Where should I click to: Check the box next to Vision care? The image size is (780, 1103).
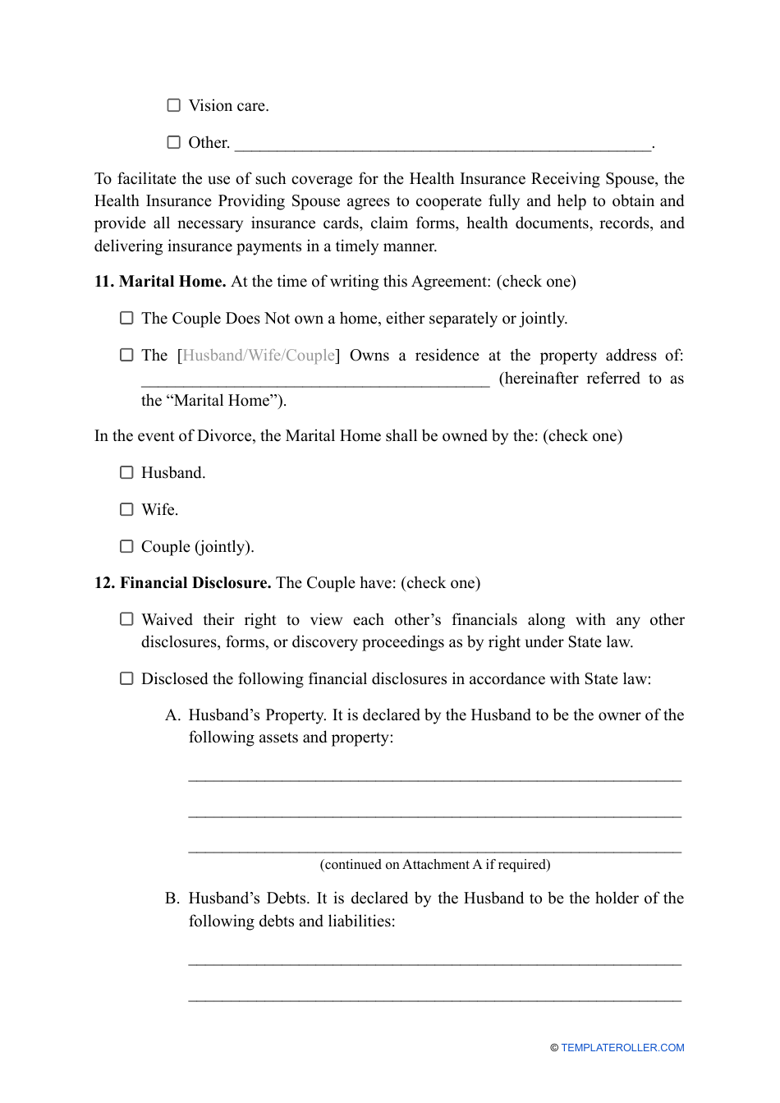point(174,105)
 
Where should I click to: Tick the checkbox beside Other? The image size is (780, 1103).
point(174,142)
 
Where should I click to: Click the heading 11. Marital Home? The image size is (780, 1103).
point(160,282)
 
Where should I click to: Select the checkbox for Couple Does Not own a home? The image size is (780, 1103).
point(126,318)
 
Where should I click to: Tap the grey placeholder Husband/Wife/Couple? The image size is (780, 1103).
point(259,356)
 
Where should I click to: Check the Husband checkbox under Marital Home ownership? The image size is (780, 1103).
point(126,472)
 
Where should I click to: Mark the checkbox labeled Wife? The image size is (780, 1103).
point(126,509)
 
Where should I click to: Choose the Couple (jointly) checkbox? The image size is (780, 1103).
point(126,546)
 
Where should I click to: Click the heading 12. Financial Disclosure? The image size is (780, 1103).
point(182,583)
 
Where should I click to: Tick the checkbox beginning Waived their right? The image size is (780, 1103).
point(126,619)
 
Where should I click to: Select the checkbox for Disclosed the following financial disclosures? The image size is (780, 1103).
point(126,678)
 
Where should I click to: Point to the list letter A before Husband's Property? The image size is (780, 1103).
point(172,715)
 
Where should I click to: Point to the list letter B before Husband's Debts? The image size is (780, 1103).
point(172,898)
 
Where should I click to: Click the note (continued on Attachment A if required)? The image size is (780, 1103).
point(435,864)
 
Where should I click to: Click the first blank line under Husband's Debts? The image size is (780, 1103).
point(435,960)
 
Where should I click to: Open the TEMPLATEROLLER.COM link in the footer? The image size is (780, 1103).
point(622,1048)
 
